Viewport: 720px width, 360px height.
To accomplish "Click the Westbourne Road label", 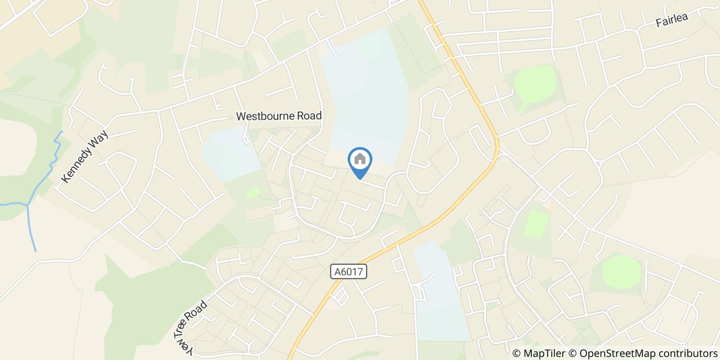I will [x=279, y=116].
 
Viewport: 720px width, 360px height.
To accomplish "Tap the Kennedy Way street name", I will [x=85, y=157].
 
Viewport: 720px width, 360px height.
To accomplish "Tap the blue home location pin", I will [x=360, y=161].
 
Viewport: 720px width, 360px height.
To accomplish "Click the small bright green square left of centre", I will [x=253, y=193].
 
